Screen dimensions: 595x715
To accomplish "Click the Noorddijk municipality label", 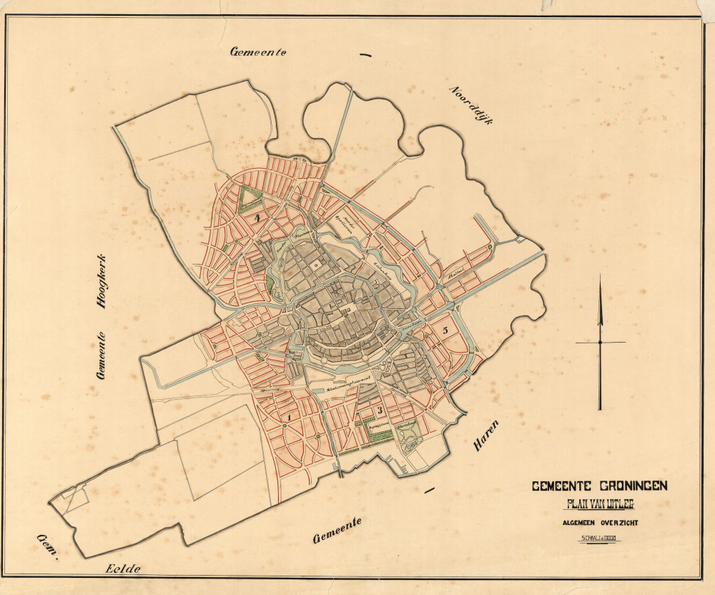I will (473, 104).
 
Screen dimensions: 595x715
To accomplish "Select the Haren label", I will (486, 436).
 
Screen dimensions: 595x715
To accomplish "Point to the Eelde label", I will (123, 569).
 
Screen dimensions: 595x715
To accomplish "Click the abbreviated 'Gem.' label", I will (47, 546).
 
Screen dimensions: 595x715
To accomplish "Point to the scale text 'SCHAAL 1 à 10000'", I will (600, 539).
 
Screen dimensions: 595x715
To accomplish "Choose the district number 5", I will (445, 330).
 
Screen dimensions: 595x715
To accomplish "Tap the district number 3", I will (380, 409).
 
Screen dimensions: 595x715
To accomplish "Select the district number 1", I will (289, 415).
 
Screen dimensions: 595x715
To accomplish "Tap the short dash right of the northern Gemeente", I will (366, 54).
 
